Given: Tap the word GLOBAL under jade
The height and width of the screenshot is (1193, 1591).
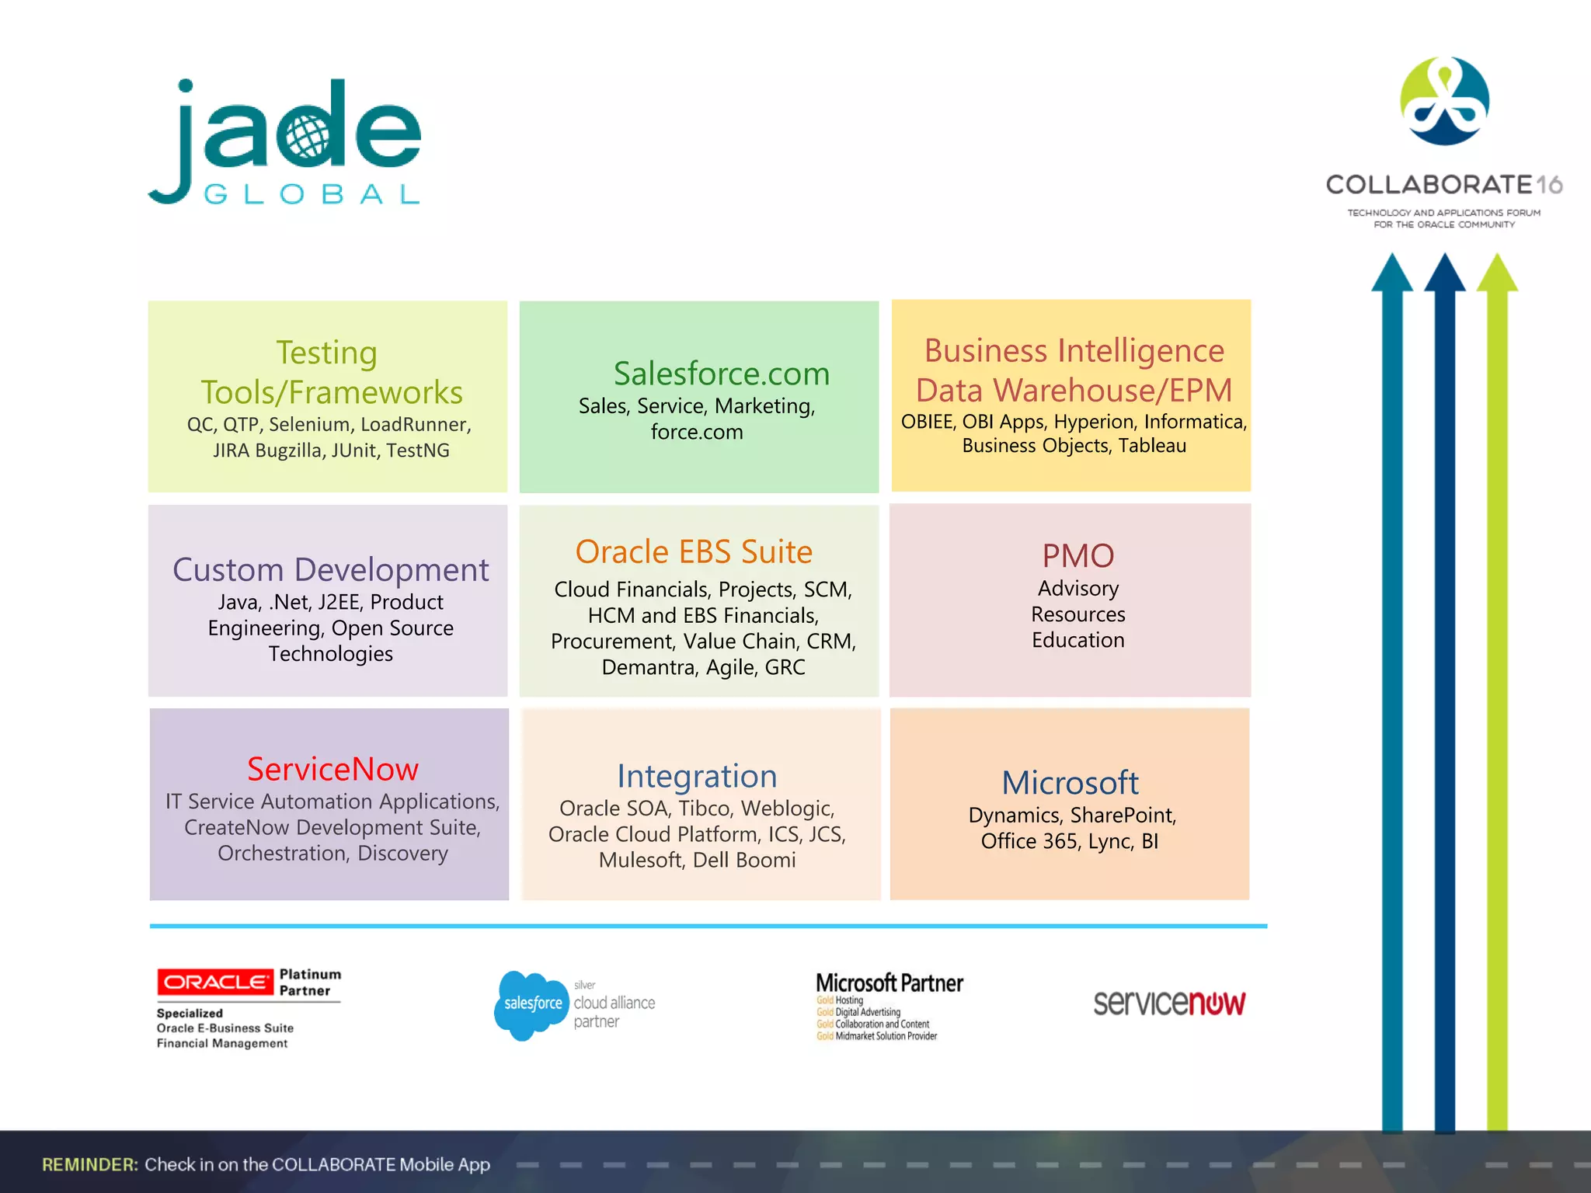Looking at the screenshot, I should pyautogui.click(x=312, y=194).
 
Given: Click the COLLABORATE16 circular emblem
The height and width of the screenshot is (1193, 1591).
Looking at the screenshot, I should pyautogui.click(x=1444, y=101).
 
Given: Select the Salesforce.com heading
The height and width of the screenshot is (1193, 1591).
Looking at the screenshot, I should pyautogui.click(x=721, y=374).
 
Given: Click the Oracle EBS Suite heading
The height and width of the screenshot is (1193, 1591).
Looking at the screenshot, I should pyautogui.click(x=694, y=551).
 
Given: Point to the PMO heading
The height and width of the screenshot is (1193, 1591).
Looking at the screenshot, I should pyautogui.click(x=1077, y=555).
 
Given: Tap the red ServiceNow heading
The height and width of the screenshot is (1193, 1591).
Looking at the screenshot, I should pyautogui.click(x=332, y=769).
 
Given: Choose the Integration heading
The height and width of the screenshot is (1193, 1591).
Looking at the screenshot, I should pyautogui.click(x=697, y=776).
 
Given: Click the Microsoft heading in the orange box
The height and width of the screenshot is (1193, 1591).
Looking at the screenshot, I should pyautogui.click(x=1070, y=782).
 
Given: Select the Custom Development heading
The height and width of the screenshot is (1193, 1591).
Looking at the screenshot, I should pyautogui.click(x=330, y=569).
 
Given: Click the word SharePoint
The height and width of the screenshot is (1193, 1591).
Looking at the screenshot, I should pyautogui.click(x=1123, y=816).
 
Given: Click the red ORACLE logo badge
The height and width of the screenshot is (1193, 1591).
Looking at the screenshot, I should pyautogui.click(x=214, y=983).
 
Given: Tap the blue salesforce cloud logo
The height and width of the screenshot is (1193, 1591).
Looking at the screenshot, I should pyautogui.click(x=531, y=1003).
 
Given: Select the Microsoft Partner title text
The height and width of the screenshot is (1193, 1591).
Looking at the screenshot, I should pyautogui.click(x=889, y=983).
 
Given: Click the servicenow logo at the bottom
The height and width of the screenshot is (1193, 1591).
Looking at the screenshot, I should pyautogui.click(x=1168, y=1003).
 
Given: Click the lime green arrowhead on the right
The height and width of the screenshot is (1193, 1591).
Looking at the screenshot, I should pyautogui.click(x=1496, y=273).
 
